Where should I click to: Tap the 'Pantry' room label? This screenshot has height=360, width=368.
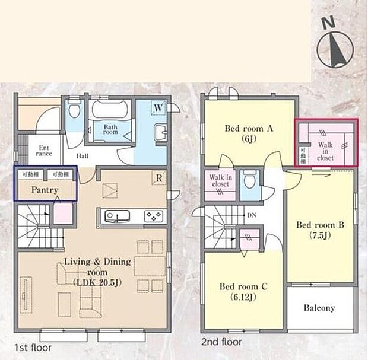45,190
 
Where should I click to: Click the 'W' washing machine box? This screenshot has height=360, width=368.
158,108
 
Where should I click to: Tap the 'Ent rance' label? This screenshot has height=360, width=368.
46,151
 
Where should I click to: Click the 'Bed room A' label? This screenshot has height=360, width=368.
249,128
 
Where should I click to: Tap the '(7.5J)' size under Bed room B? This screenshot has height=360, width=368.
321,235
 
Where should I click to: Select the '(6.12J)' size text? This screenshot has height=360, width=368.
243,298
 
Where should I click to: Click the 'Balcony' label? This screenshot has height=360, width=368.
319,308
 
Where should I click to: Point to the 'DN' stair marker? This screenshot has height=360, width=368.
252,216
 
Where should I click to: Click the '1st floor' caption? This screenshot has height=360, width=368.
32,348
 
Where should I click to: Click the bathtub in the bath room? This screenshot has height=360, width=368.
111,110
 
